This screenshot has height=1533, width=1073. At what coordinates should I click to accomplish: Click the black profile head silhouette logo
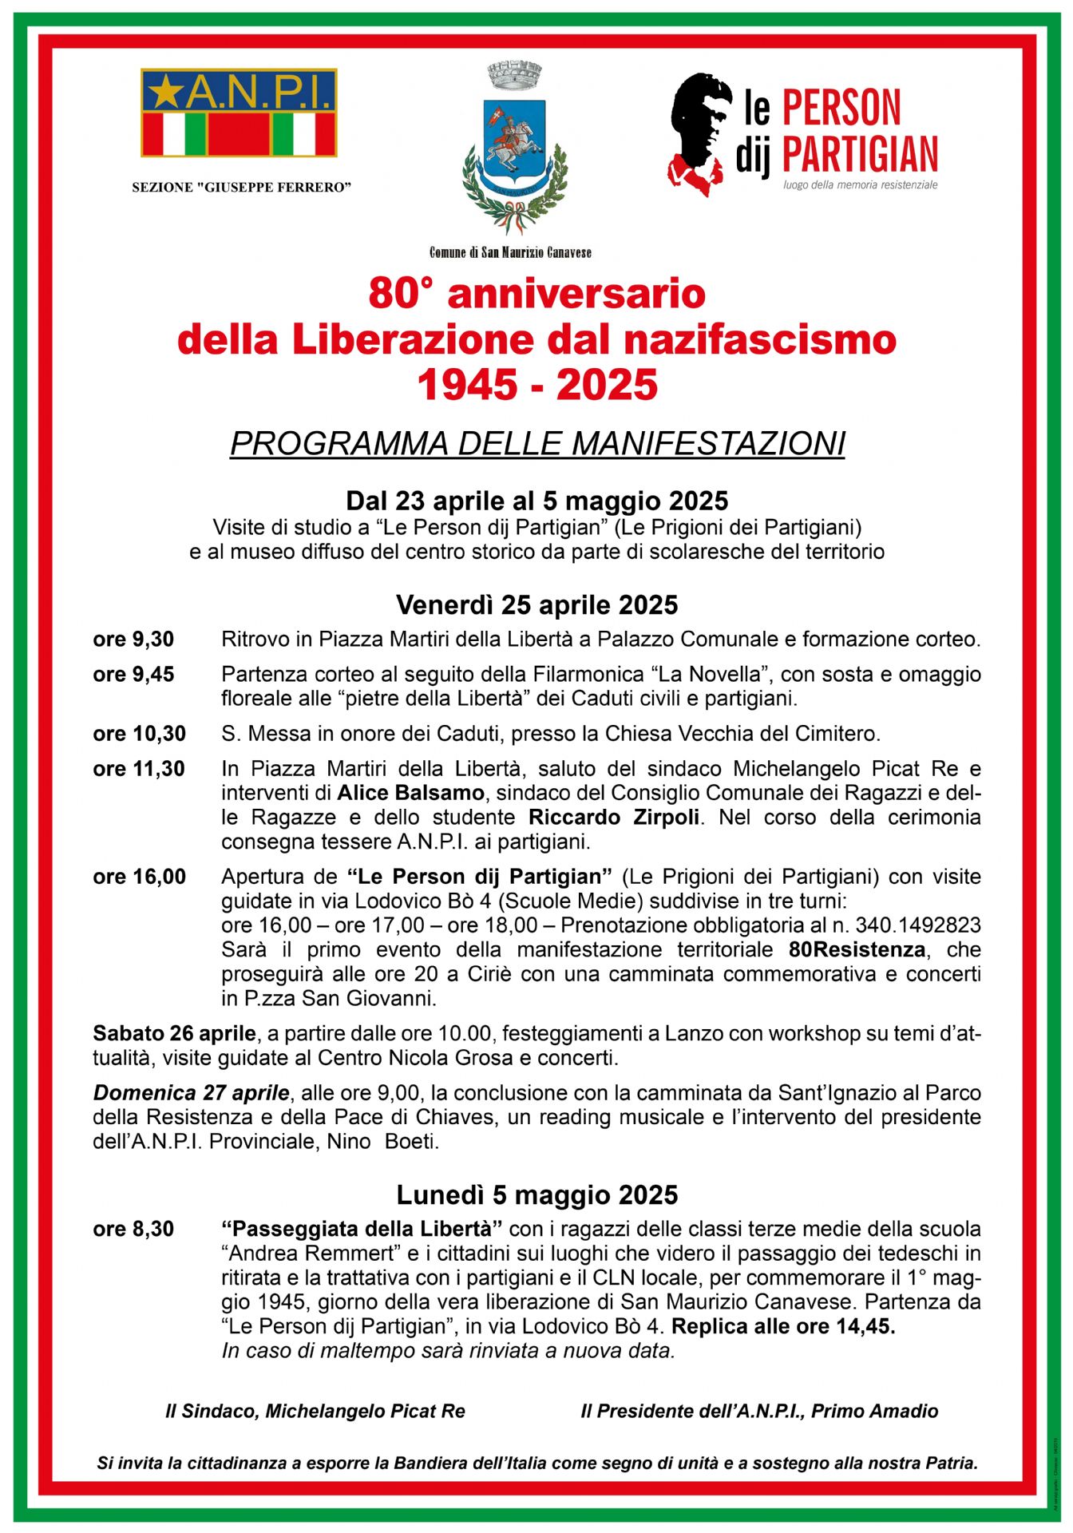699,132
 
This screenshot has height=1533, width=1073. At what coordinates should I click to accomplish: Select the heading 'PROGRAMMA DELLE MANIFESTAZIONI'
537,444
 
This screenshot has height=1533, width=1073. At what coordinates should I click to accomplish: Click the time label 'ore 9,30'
133,640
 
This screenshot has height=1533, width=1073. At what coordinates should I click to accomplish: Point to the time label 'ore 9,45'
133,675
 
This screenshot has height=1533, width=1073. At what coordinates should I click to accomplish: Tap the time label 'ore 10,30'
139,734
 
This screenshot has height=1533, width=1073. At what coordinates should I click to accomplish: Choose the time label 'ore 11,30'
139,769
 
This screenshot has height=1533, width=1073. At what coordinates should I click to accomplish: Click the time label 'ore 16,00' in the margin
139,877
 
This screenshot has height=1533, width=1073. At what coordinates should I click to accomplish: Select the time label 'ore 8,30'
133,1229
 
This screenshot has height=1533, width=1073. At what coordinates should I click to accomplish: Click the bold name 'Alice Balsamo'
410,793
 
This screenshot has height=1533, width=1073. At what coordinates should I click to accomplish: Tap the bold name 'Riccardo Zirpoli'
614,818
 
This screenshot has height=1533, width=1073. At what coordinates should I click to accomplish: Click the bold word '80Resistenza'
857,950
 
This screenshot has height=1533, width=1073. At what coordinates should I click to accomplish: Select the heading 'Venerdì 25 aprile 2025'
537,605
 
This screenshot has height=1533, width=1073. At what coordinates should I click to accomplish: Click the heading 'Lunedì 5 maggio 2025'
537,1195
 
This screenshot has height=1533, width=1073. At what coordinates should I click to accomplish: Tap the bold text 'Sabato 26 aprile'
174,1033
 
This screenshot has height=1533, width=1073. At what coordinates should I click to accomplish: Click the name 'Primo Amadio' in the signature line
875,1412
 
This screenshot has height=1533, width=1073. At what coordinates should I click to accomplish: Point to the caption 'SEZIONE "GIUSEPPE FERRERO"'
241,188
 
